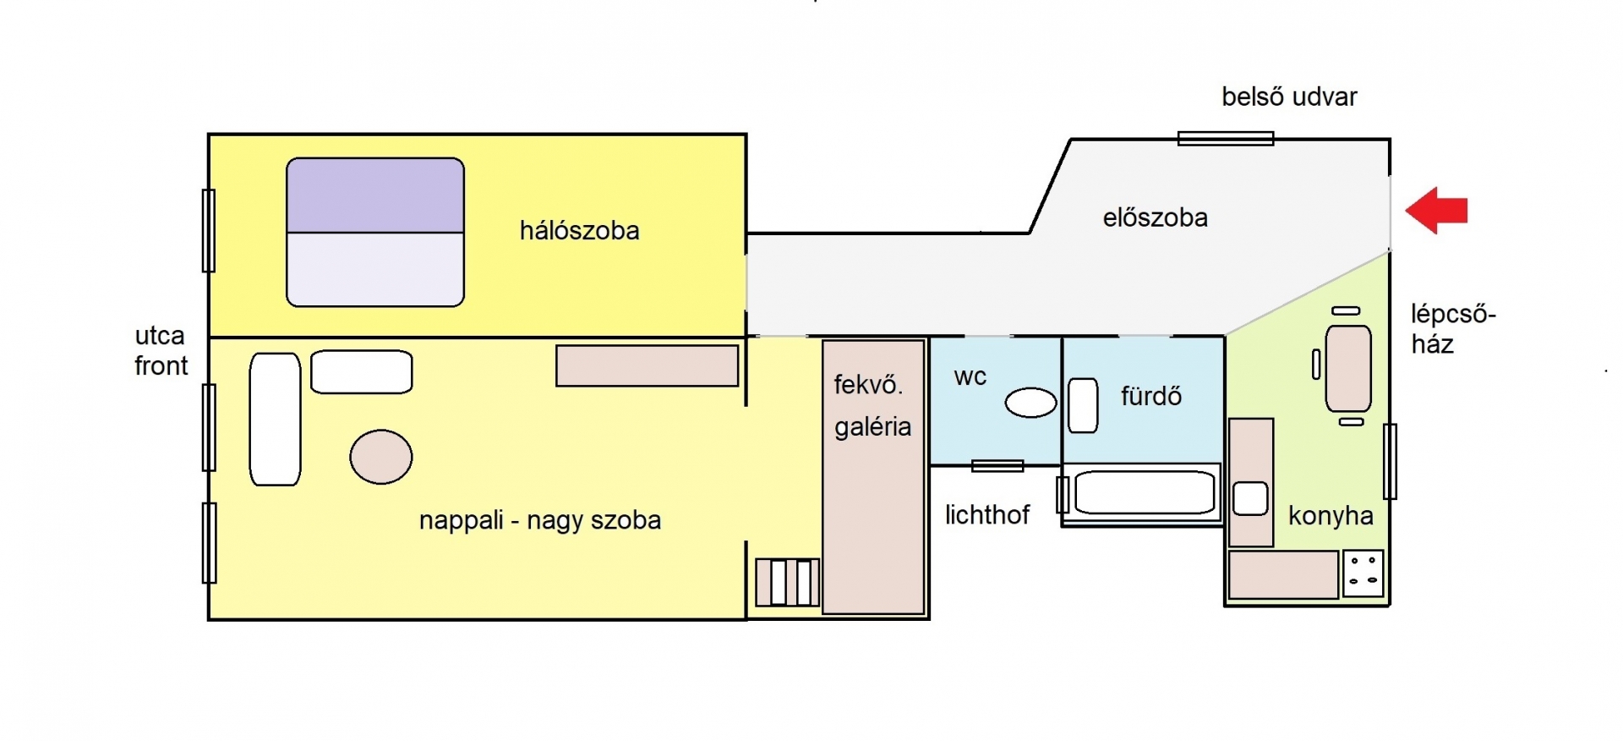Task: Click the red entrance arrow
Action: pyautogui.click(x=1436, y=210)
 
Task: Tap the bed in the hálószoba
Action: pyautogui.click(x=375, y=232)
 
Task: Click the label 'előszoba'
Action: pyautogui.click(x=1155, y=218)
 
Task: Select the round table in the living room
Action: pyautogui.click(x=381, y=457)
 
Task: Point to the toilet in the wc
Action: pyautogui.click(x=1030, y=403)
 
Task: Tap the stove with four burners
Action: pyautogui.click(x=1363, y=573)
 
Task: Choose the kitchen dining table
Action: pyautogui.click(x=1348, y=369)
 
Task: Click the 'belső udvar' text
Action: pyautogui.click(x=1289, y=97)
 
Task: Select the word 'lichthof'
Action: pyautogui.click(x=987, y=515)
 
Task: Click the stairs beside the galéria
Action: pyautogui.click(x=787, y=582)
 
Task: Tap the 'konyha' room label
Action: pyautogui.click(x=1331, y=516)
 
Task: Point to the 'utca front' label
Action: pyautogui.click(x=161, y=351)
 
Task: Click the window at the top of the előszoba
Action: pyautogui.click(x=1226, y=139)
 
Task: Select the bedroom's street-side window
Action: pyautogui.click(x=209, y=230)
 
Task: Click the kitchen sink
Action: pyautogui.click(x=1250, y=498)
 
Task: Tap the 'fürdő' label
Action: pyautogui.click(x=1151, y=396)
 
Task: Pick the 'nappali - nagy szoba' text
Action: pyautogui.click(x=540, y=520)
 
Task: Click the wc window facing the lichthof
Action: pyautogui.click(x=997, y=465)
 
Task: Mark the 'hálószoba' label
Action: pyautogui.click(x=579, y=231)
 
